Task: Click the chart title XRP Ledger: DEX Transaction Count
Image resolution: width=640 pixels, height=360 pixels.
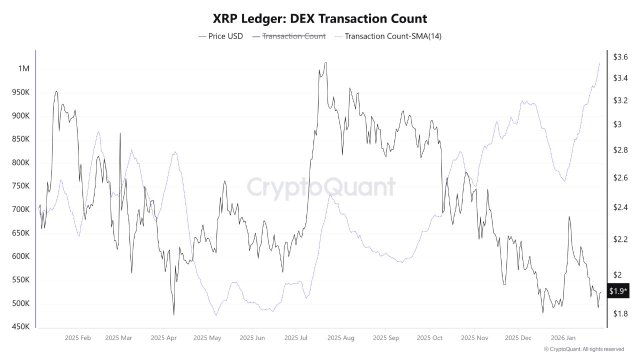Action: coord(320,17)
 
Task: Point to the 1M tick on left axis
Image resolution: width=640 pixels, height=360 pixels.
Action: coord(22,68)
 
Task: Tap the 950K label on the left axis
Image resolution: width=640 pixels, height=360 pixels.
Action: coord(19,92)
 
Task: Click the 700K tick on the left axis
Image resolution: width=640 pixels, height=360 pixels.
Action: coord(19,210)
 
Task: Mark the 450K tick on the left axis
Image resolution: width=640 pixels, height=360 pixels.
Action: coord(19,327)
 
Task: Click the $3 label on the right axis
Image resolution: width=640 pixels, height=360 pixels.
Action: coord(616,125)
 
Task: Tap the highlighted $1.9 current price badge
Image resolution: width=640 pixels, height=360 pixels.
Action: coord(618,291)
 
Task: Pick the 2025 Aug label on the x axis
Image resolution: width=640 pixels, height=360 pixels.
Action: coord(340,339)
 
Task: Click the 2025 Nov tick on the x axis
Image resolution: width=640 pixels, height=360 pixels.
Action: coord(475,339)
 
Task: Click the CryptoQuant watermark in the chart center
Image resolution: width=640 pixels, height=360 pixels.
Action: coord(320,187)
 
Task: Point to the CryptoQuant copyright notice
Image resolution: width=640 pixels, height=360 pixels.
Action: coord(589,350)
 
